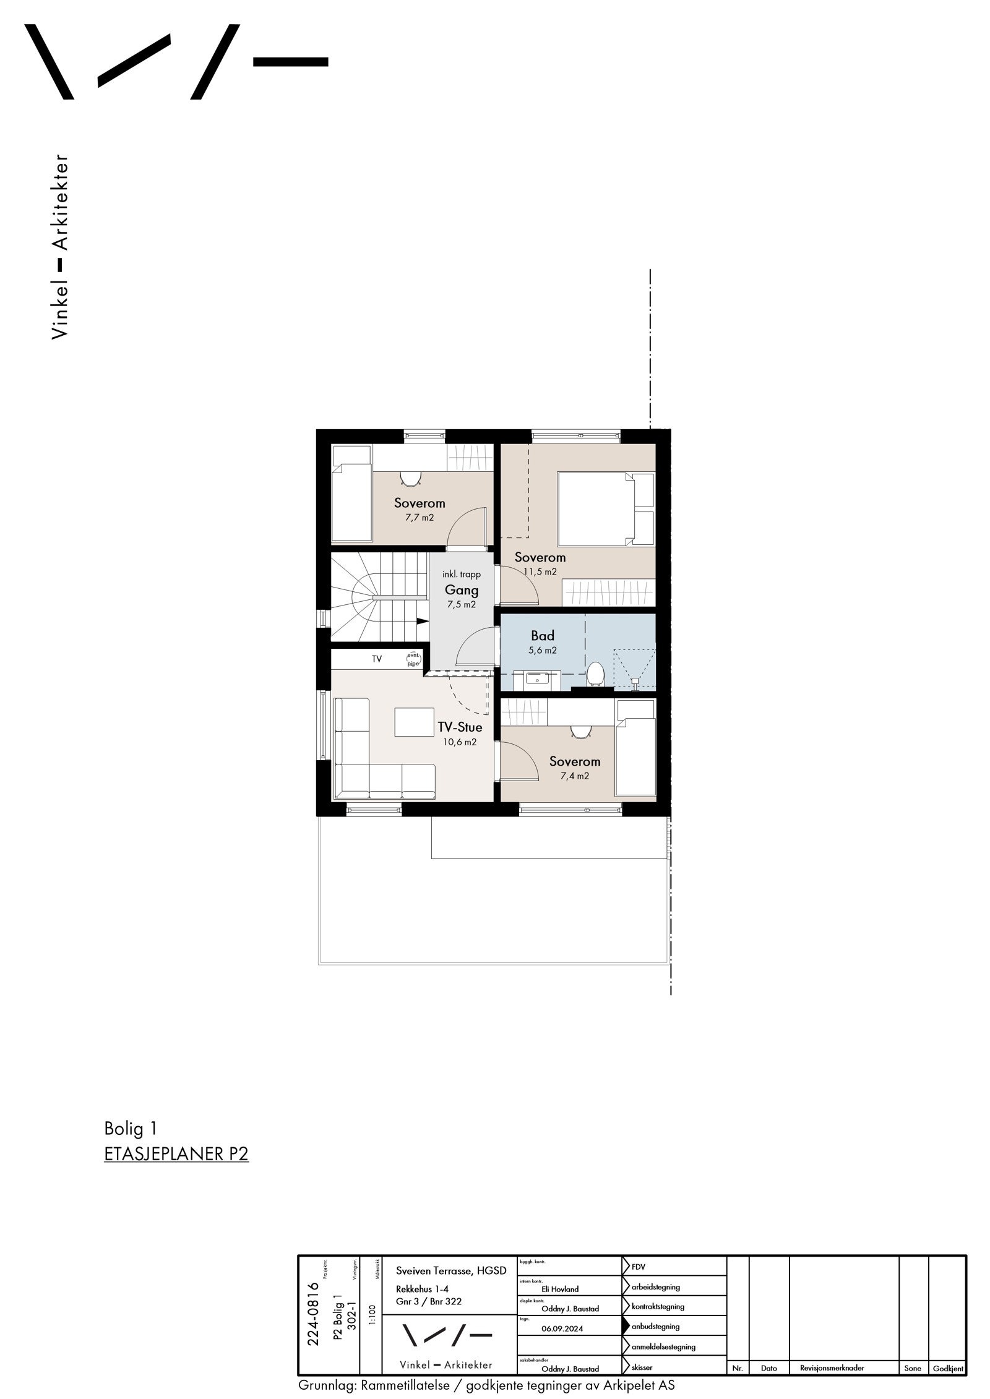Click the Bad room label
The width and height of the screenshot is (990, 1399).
tap(542, 636)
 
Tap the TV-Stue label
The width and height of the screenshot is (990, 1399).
tap(459, 727)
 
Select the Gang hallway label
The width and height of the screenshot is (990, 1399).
tap(461, 590)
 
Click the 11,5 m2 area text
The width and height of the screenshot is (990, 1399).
tap(540, 571)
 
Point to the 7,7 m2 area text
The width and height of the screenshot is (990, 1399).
tap(420, 517)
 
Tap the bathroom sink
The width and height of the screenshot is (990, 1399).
tap(537, 679)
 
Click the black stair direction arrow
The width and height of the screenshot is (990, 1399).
tap(422, 621)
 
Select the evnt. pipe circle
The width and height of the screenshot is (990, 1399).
tap(413, 659)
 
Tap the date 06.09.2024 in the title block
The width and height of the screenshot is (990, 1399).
tap(562, 1328)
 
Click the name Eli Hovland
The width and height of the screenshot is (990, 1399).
tap(560, 1289)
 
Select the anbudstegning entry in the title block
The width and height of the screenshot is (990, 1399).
tap(655, 1326)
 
